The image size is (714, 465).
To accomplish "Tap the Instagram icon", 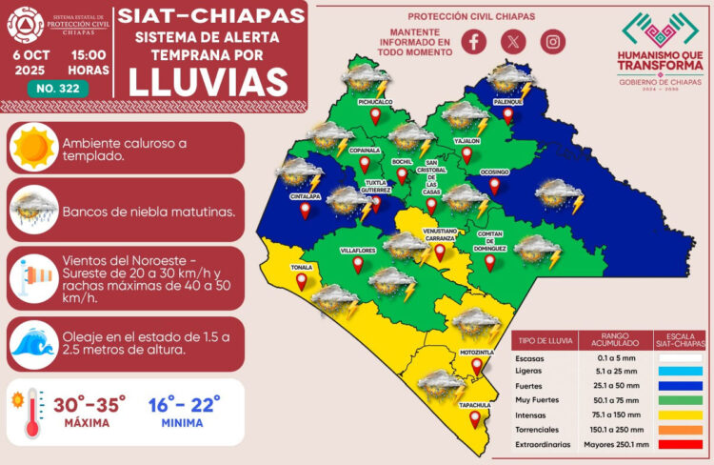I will (x=552, y=41).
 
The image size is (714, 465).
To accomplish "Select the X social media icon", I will (x=512, y=41).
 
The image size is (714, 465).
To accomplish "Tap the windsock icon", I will (x=33, y=276).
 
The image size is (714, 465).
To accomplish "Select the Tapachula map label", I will (x=475, y=405).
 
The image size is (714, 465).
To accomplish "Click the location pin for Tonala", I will (x=301, y=281).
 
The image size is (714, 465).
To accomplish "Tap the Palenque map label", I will (x=507, y=101).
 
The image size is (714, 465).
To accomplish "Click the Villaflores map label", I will (x=357, y=249).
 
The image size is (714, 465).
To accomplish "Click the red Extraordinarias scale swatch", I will (x=679, y=444).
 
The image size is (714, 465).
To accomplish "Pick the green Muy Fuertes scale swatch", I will (x=679, y=400).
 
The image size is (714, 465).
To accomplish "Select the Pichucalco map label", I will (x=376, y=100).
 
